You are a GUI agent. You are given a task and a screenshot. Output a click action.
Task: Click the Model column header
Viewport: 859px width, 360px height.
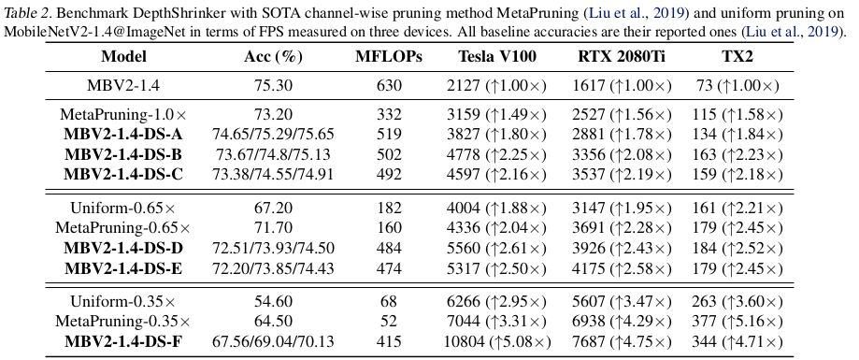123,56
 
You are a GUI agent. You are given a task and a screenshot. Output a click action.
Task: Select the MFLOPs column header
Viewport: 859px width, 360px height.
389,56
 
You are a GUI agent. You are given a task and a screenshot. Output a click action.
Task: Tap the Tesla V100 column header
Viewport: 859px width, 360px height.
497,56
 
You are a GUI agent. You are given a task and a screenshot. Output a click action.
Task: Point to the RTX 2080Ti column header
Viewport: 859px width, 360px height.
622,56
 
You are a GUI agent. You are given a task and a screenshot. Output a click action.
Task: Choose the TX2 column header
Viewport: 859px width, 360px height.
737,56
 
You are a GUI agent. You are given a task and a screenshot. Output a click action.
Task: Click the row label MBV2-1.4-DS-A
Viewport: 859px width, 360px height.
123,135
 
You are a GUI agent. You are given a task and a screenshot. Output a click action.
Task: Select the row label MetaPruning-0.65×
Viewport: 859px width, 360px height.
123,228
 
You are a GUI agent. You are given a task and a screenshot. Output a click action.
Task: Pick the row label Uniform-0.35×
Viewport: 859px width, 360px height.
123,301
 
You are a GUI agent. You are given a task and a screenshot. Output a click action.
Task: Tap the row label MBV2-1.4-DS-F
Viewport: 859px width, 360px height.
123,342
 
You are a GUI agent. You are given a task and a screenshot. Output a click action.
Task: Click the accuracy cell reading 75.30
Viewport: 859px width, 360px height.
273,85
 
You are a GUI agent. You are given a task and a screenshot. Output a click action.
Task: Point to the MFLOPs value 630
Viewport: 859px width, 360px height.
389,85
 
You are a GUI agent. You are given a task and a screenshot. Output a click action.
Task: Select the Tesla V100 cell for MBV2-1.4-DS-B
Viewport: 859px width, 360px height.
497,154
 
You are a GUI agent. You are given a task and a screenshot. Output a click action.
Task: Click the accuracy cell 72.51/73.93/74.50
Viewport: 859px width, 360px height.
273,248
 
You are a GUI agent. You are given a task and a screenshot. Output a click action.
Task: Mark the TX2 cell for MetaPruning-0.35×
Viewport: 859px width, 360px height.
737,322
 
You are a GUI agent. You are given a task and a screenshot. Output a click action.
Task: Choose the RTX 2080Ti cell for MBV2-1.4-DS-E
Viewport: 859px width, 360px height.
622,268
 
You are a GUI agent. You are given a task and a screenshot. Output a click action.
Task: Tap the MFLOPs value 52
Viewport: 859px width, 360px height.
389,322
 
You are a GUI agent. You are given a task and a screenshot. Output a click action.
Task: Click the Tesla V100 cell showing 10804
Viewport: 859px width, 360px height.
497,342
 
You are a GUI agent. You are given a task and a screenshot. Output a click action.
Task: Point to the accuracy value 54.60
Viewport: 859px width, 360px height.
273,301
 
